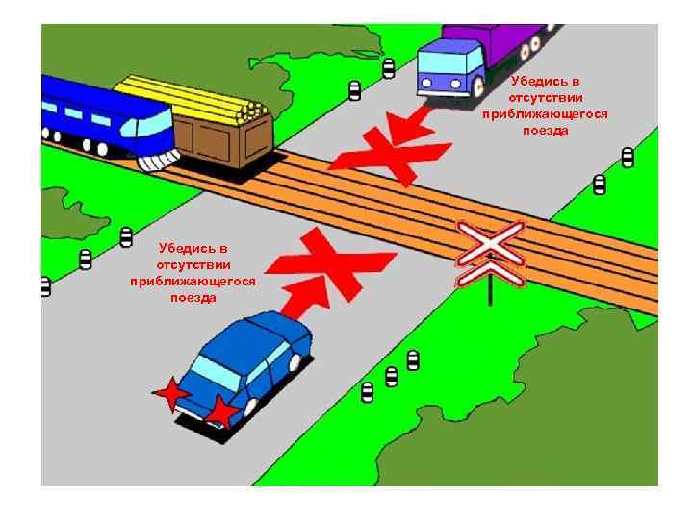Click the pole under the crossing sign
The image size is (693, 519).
click(490, 294)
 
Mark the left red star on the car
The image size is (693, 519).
click(171, 393)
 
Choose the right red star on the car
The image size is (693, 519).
click(222, 411)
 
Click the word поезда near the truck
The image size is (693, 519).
click(545, 130)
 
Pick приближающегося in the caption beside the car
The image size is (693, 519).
click(192, 282)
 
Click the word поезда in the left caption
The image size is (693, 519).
click(192, 298)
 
